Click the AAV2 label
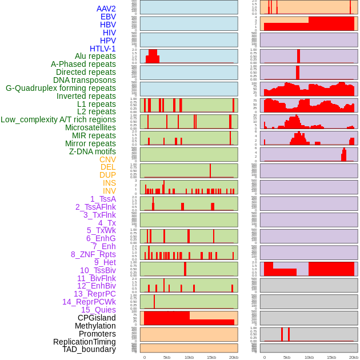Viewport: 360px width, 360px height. point(106,9)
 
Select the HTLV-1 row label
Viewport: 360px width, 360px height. point(103,49)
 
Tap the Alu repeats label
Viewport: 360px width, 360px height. point(95,56)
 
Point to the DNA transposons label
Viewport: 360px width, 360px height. point(85,80)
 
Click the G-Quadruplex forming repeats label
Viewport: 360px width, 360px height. point(61,88)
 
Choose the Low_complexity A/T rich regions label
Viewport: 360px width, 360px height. point(58,119)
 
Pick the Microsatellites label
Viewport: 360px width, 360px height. point(90,127)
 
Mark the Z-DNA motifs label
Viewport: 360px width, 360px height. point(93,151)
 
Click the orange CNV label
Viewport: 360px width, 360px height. point(107,159)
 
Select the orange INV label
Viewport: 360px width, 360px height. point(109,191)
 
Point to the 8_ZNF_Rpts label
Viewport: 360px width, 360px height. point(93,254)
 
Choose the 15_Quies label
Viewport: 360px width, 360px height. point(98,310)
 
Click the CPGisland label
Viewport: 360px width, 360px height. point(97,318)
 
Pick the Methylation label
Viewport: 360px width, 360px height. point(95,326)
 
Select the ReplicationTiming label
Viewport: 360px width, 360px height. point(85,342)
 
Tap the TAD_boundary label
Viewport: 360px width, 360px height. point(89,349)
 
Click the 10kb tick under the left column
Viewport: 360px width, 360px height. point(189,357)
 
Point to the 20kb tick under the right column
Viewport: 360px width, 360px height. point(354,357)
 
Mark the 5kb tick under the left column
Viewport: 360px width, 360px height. point(167,357)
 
